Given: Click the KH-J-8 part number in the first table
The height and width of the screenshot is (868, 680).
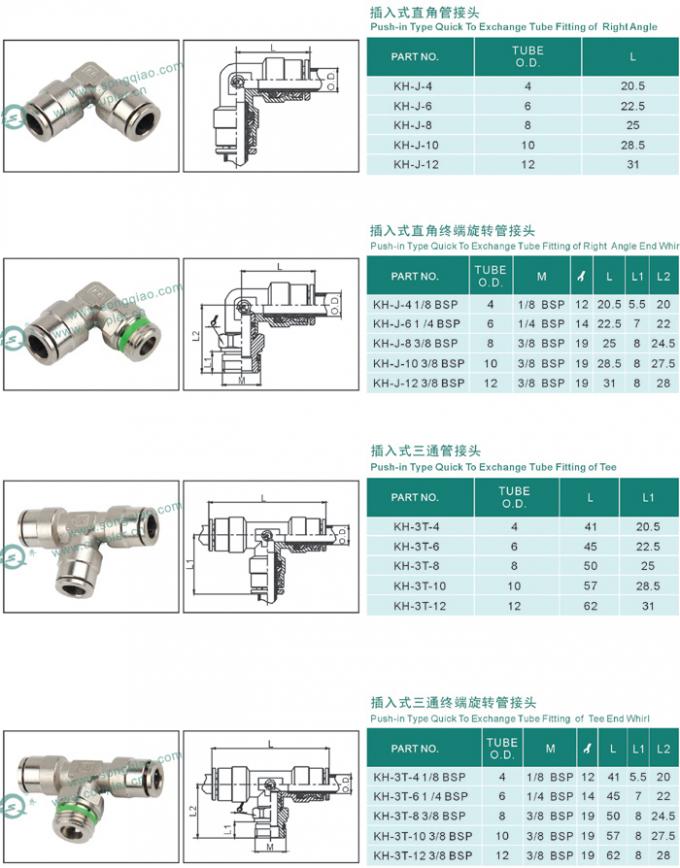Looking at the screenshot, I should pyautogui.click(x=412, y=126).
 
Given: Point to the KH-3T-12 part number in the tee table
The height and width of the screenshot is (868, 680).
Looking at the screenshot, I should pyautogui.click(x=415, y=605).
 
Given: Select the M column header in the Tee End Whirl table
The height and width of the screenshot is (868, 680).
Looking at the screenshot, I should pyautogui.click(x=549, y=748).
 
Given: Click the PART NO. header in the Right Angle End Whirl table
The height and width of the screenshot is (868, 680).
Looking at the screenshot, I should pyautogui.click(x=415, y=275).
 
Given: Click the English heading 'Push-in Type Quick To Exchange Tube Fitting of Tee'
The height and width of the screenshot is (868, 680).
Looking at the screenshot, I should pyautogui.click(x=493, y=467).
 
